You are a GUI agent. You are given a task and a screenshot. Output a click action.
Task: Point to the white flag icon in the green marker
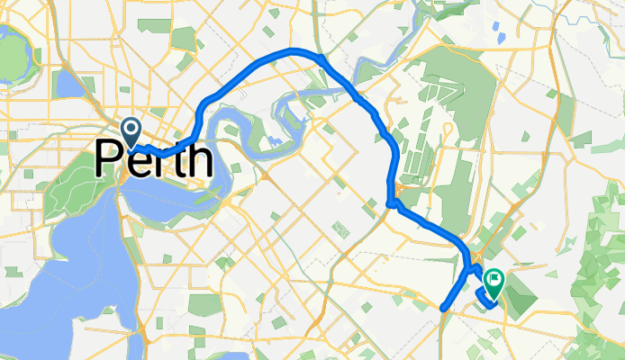(x=494, y=281)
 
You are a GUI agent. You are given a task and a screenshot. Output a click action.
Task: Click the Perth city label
(x=153, y=162)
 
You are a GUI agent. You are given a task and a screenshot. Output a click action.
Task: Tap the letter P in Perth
(x=109, y=162)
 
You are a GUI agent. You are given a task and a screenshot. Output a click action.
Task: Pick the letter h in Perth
(x=200, y=160)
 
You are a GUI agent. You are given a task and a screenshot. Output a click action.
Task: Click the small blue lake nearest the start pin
(x=68, y=85)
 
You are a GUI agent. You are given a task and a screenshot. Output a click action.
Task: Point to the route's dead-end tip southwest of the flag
(x=444, y=308)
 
